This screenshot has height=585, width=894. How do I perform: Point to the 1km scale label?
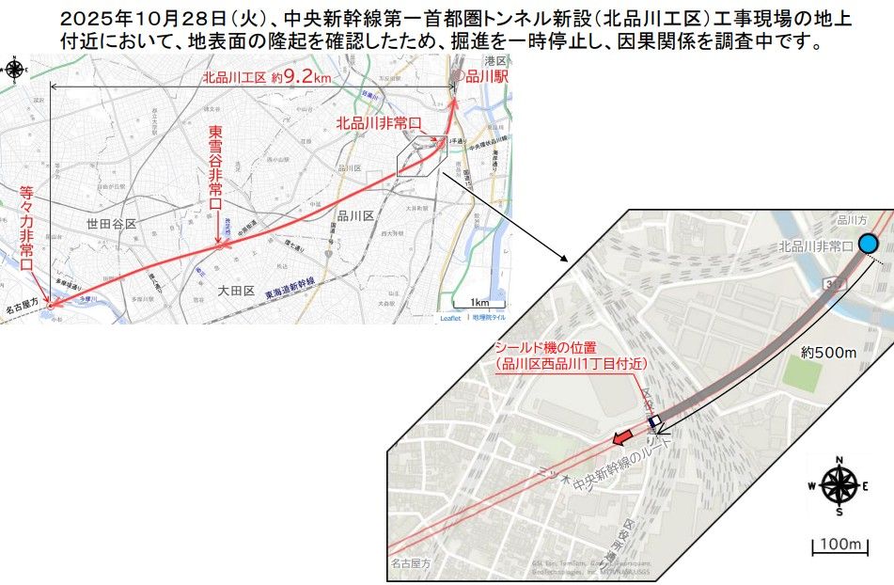click(x=479, y=302)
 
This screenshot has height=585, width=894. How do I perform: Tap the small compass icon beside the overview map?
click(x=15, y=69)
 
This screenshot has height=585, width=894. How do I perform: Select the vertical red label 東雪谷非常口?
click(x=214, y=173)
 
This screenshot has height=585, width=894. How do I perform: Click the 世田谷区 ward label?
click(x=111, y=224)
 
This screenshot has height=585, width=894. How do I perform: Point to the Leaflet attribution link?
click(x=450, y=318)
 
